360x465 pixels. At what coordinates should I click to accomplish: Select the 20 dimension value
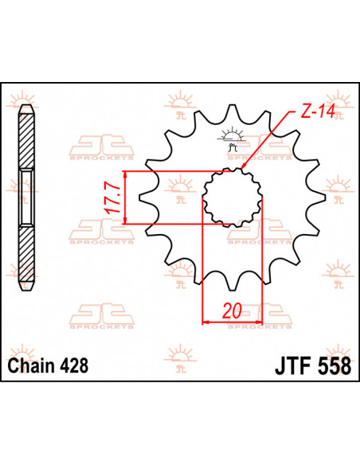pyautogui.click(x=232, y=311)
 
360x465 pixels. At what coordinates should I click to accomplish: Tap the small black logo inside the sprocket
pyautogui.click(x=232, y=139)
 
